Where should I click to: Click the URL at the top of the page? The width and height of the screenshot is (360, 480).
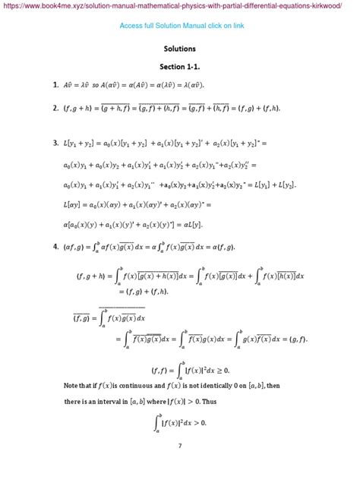click(180, 7)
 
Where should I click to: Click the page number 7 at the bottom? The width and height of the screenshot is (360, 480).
click(180, 446)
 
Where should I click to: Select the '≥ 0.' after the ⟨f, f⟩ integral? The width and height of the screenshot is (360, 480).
click(238, 370)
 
